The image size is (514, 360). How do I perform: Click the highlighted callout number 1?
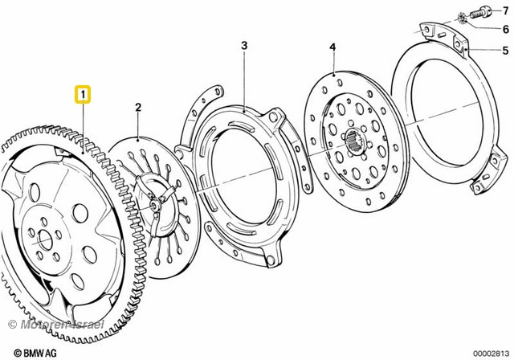pos(83,95)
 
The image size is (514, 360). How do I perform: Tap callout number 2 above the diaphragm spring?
pos(138,107)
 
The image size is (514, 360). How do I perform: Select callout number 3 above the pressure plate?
pos(244,46)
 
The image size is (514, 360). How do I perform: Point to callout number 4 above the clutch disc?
pos(332,47)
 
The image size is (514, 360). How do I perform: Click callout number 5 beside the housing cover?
pos(505,51)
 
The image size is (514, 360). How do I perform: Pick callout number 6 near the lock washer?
pos(506,29)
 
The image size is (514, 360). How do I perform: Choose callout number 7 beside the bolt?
pos(505,10)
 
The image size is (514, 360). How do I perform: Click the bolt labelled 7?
pos(481,14)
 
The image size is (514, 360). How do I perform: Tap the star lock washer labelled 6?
pos(463,18)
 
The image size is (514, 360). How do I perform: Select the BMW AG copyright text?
pos(35,353)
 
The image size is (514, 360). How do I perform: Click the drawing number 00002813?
pos(491,353)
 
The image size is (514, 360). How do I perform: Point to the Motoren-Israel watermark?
pos(55,325)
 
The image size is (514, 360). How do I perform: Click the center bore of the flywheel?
pos(45,240)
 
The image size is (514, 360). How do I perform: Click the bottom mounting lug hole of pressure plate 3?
pos(270,260)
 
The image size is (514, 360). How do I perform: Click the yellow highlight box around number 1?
pos(83,95)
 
